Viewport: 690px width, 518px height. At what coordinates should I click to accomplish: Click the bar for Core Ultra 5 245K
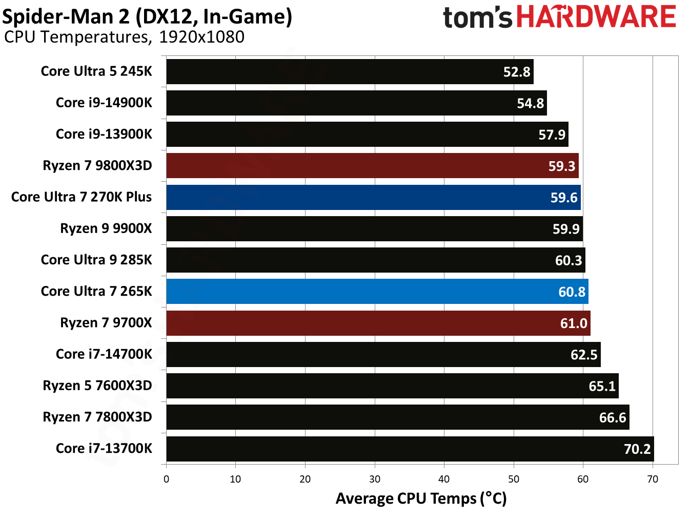click(x=349, y=71)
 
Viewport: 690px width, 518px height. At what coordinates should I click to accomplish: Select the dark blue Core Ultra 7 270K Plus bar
click(x=373, y=197)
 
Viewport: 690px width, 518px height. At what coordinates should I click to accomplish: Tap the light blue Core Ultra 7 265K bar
click(x=377, y=292)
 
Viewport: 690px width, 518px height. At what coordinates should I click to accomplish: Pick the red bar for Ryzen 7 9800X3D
click(x=372, y=166)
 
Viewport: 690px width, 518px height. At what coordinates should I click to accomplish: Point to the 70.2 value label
click(x=637, y=449)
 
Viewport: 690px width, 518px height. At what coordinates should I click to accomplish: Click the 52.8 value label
click(x=517, y=72)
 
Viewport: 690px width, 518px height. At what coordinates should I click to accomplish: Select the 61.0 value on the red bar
click(x=574, y=323)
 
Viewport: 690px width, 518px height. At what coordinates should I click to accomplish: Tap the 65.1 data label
click(x=602, y=386)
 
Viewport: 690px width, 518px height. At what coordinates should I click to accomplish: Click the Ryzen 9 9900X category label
click(x=106, y=228)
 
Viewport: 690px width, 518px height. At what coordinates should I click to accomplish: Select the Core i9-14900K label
click(x=104, y=103)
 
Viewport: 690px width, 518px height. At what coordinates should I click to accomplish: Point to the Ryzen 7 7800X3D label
click(x=97, y=417)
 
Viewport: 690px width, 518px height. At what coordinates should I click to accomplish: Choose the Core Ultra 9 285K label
click(x=96, y=260)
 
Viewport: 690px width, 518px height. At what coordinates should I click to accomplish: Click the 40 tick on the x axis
click(x=444, y=479)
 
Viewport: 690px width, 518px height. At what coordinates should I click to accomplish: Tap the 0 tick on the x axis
click(x=166, y=479)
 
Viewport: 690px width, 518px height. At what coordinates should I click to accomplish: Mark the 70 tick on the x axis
click(x=653, y=479)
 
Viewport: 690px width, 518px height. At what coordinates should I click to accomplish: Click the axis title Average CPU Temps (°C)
click(x=421, y=498)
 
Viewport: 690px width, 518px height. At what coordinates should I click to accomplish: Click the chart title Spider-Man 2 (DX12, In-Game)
click(x=147, y=16)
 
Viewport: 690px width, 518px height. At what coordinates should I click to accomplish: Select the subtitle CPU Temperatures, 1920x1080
click(x=124, y=37)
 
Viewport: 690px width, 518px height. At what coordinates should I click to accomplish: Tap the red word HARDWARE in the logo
click(x=596, y=17)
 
